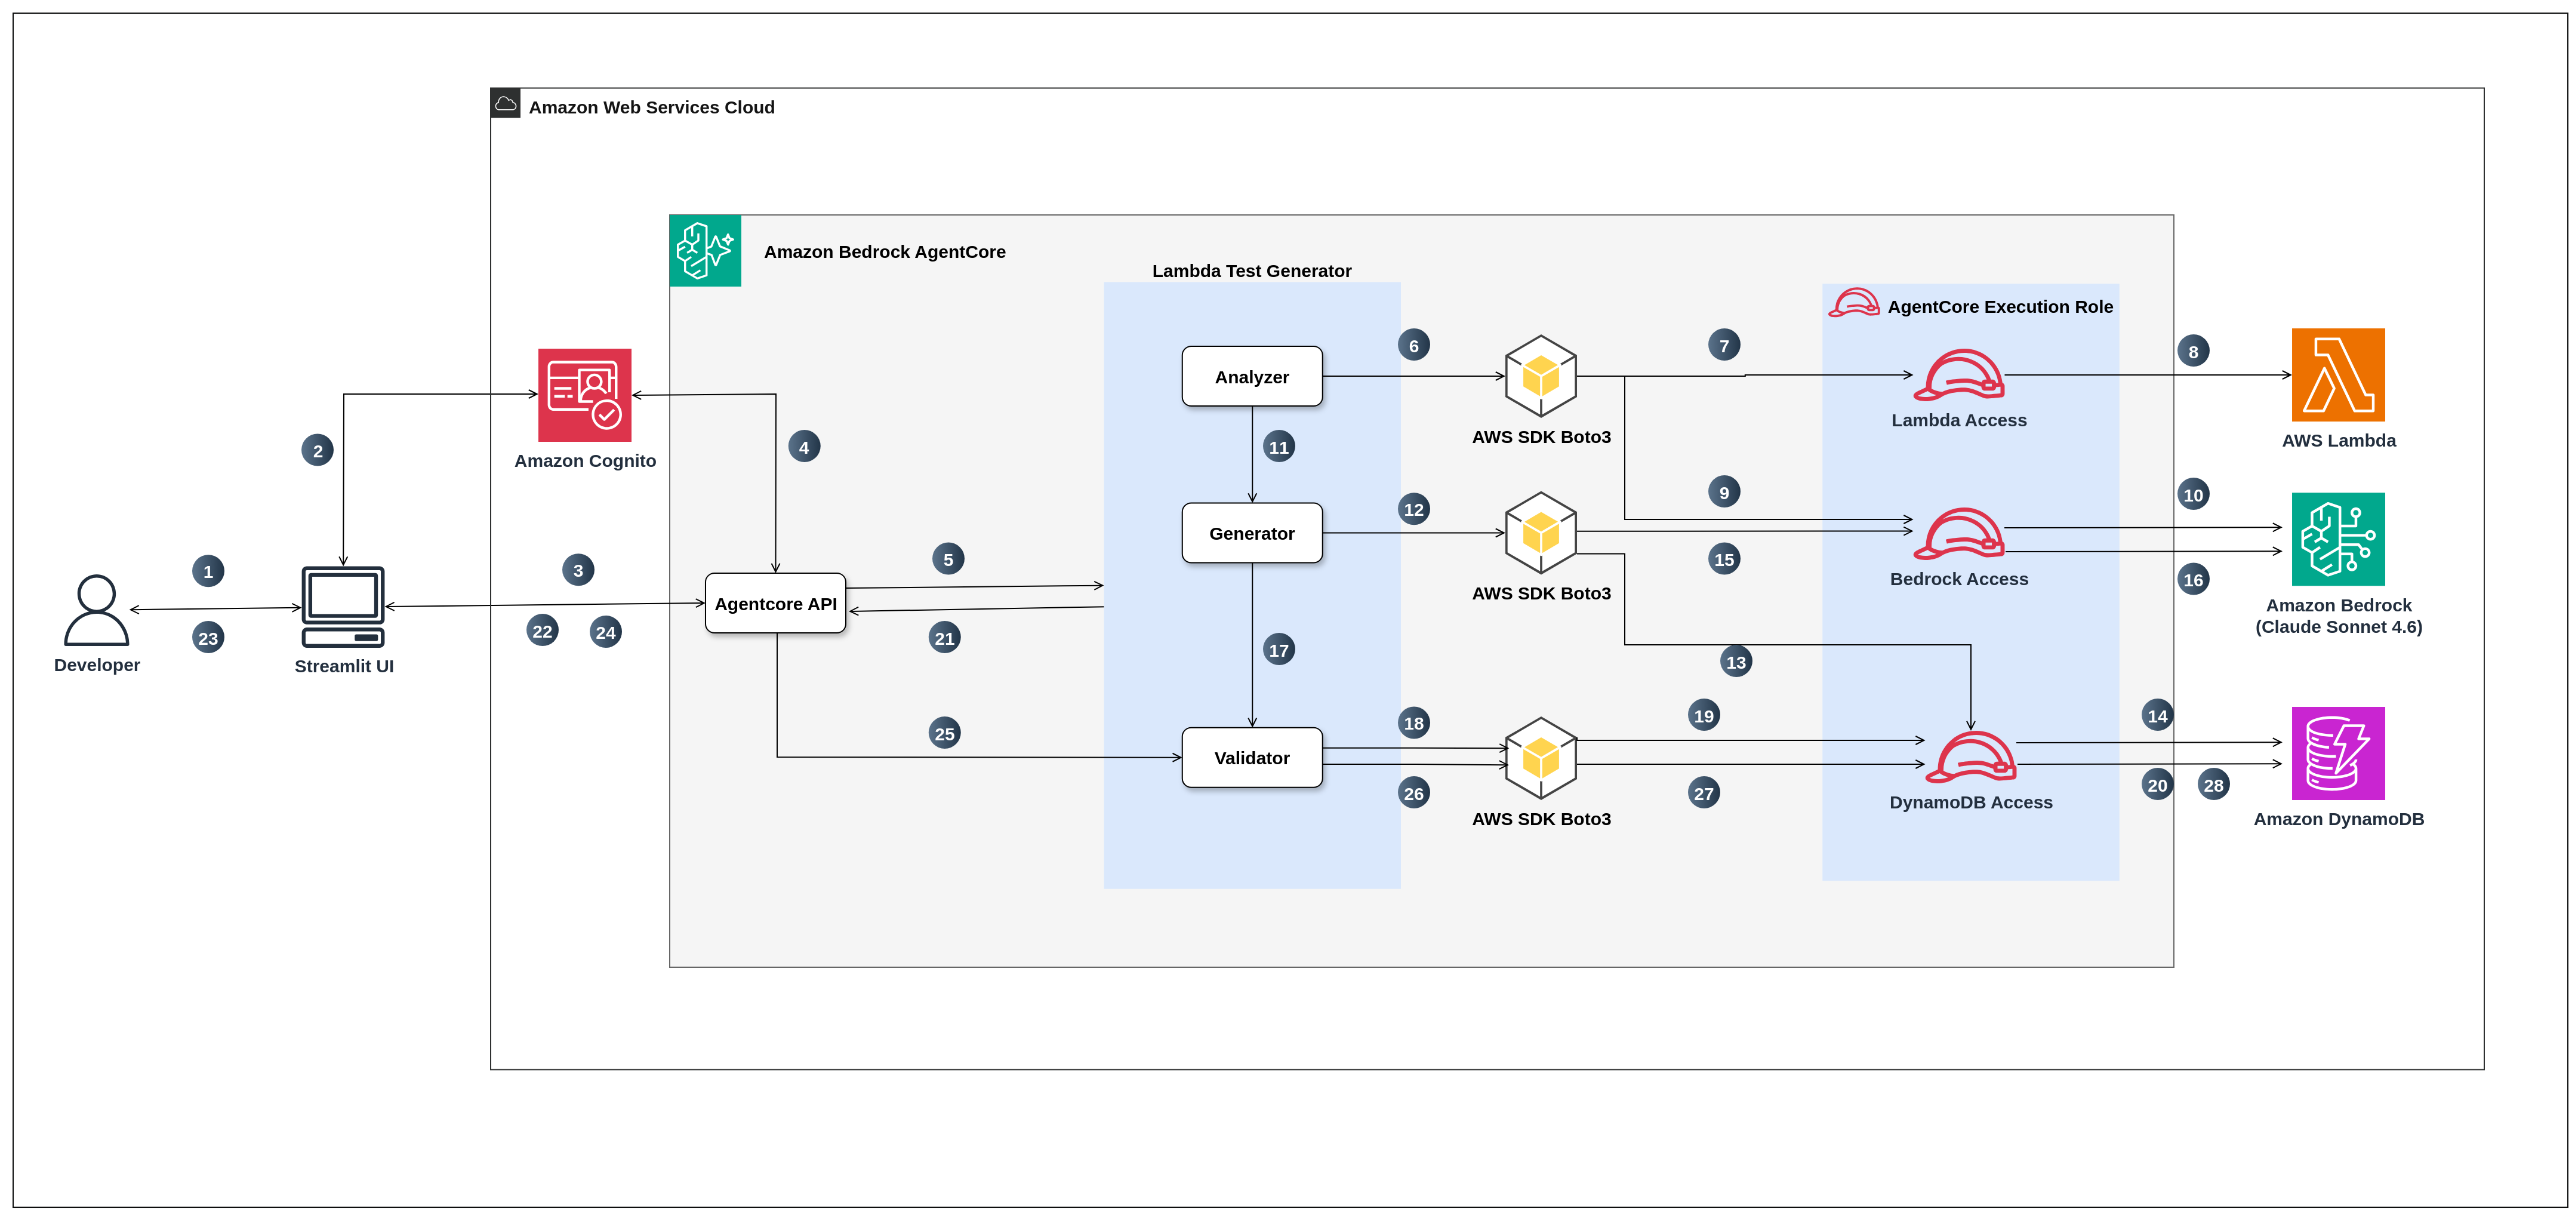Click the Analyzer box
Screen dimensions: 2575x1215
[1252, 376]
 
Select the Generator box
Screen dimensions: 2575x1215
[1252, 533]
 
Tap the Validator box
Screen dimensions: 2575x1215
[1252, 757]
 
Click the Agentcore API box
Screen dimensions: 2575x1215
[776, 603]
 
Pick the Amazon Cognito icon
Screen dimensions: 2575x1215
[585, 395]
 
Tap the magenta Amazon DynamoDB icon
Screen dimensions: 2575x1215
[2338, 753]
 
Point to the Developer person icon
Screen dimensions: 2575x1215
[96, 610]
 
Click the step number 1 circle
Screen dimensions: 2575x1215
[208, 571]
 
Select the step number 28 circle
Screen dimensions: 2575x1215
[2213, 785]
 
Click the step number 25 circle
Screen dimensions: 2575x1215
[945, 733]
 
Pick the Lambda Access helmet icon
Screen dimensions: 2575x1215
[1958, 375]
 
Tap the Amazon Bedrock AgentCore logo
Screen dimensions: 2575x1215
[705, 250]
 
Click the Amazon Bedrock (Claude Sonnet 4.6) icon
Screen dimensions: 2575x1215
[2338, 539]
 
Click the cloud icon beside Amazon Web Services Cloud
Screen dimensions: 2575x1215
[506, 103]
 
